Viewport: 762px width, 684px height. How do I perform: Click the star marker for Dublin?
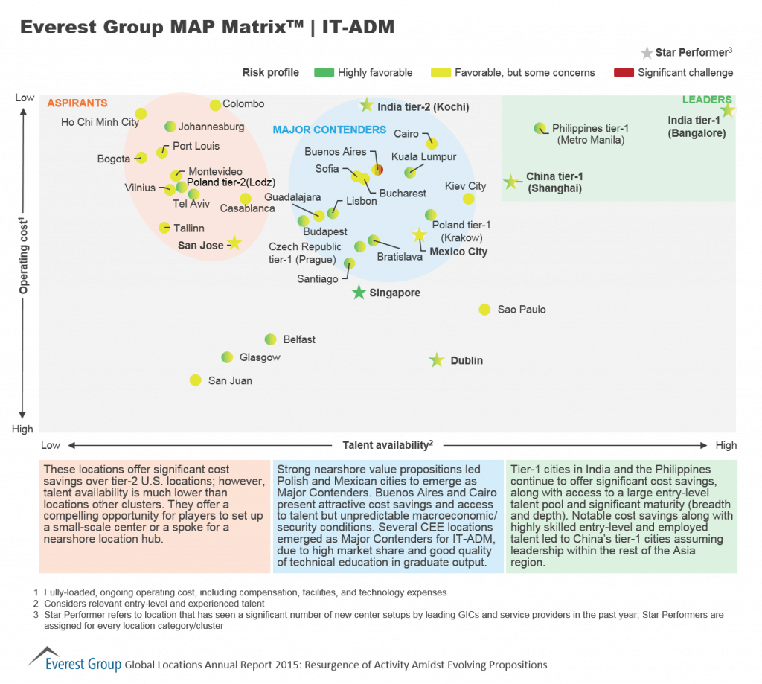coord(437,360)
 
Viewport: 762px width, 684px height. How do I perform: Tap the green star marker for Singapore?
coord(359,293)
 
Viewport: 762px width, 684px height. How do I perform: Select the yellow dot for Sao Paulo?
coord(484,309)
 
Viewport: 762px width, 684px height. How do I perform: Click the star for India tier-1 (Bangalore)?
coord(727,110)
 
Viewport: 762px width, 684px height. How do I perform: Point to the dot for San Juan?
coord(195,380)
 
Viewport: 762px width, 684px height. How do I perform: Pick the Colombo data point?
coord(215,105)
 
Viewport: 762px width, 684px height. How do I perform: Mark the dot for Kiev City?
coord(468,198)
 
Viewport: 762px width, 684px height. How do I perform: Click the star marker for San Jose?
coord(234,243)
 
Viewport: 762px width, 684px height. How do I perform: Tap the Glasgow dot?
coord(228,357)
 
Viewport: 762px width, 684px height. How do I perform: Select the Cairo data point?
coord(432,143)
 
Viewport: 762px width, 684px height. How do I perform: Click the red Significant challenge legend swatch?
coord(623,73)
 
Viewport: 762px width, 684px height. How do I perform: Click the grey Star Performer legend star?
coord(647,53)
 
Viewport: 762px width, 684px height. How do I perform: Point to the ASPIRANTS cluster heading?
coord(77,103)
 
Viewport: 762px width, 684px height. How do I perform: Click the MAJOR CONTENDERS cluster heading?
coord(329,130)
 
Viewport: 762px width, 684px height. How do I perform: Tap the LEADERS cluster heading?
coord(707,100)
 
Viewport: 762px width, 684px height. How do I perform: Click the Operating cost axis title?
coord(23,255)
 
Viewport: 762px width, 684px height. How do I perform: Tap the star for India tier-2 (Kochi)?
coord(366,106)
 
